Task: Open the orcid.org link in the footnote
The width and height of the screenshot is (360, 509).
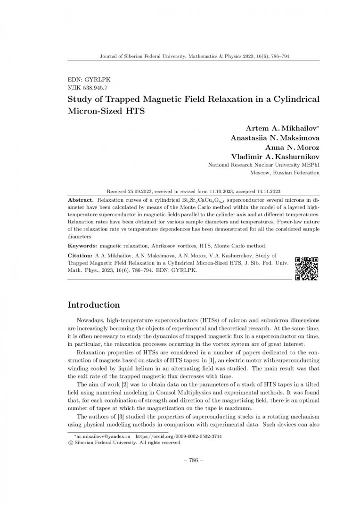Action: click(x=179, y=437)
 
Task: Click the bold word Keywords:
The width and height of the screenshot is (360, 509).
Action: click(x=83, y=246)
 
